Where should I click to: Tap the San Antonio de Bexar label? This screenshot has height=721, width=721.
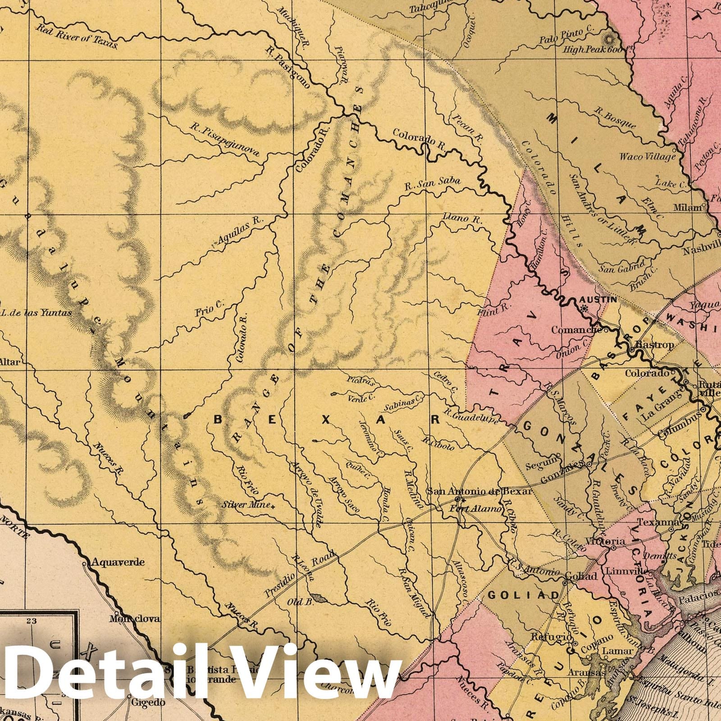479,491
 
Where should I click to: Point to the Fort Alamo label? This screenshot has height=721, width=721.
482,509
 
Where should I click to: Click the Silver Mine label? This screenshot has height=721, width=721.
247,505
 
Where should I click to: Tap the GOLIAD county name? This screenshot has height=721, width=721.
523,595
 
